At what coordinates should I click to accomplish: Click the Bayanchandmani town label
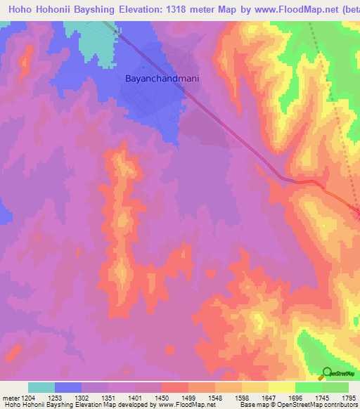pos(162,79)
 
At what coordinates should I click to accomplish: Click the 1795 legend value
pos(349,397)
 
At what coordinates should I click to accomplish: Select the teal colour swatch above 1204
pos(41,387)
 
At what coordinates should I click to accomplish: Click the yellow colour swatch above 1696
pos(281,387)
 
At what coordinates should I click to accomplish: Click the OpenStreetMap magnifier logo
pos(327,373)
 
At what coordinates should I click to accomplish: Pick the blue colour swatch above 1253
pos(68,387)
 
